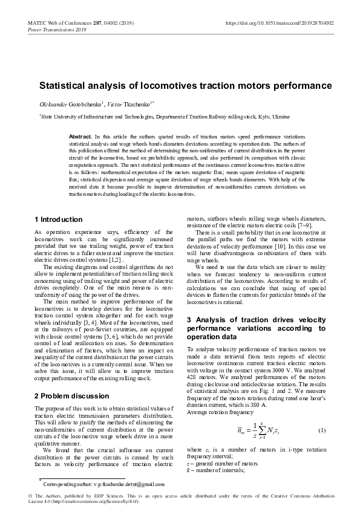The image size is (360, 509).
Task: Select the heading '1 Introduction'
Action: coord(59,219)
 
